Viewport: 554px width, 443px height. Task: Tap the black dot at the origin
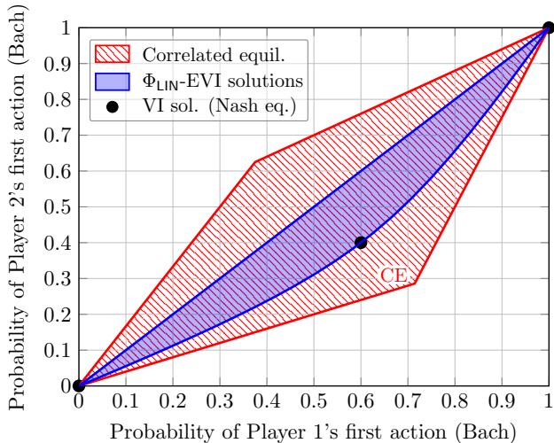pos(79,385)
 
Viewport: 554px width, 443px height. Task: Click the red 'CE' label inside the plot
pos(394,276)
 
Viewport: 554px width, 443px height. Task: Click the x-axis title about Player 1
pos(313,431)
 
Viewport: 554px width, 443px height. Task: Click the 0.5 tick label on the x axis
pos(313,403)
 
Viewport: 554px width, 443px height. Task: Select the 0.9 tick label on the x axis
pos(502,403)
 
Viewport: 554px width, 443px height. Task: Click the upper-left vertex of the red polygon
pos(255,161)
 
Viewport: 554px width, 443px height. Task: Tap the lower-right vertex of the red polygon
pos(415,283)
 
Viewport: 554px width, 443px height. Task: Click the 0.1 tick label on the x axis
pos(125,403)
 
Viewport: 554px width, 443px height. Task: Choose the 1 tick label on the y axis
pos(64,28)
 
